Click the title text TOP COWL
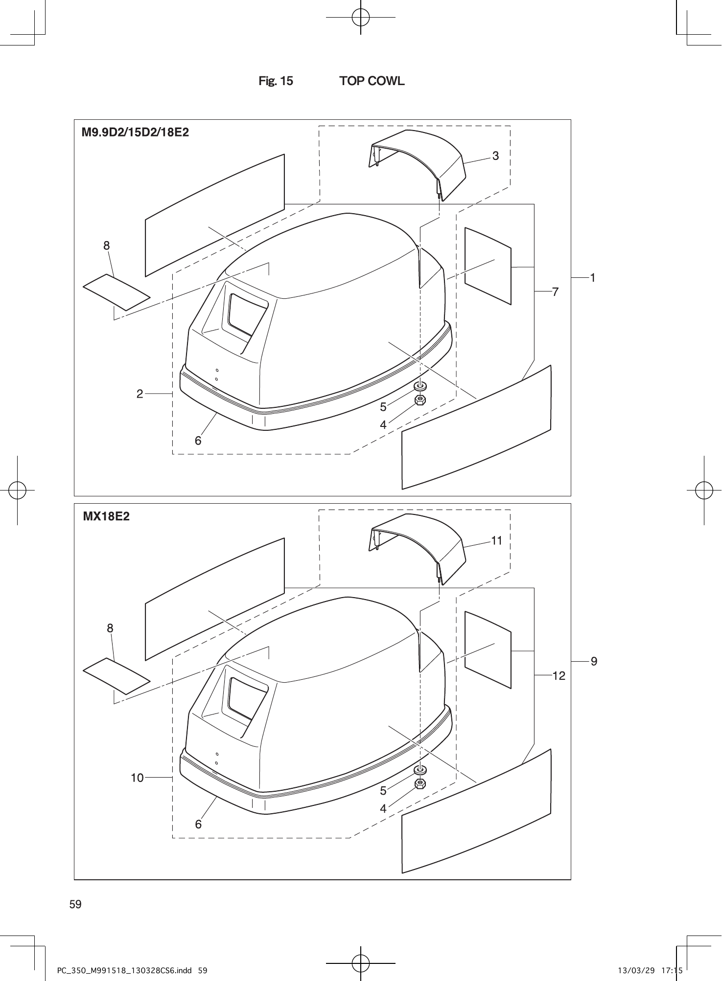click(372, 81)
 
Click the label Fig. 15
click(276, 81)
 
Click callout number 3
click(496, 156)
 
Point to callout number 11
click(496, 540)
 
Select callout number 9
click(594, 662)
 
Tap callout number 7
click(555, 292)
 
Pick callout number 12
click(559, 676)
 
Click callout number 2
click(140, 393)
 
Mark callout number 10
click(137, 777)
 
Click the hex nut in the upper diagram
click(419, 400)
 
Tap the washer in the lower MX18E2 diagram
click(419, 770)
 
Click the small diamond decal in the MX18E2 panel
click(116, 676)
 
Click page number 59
click(75, 904)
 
